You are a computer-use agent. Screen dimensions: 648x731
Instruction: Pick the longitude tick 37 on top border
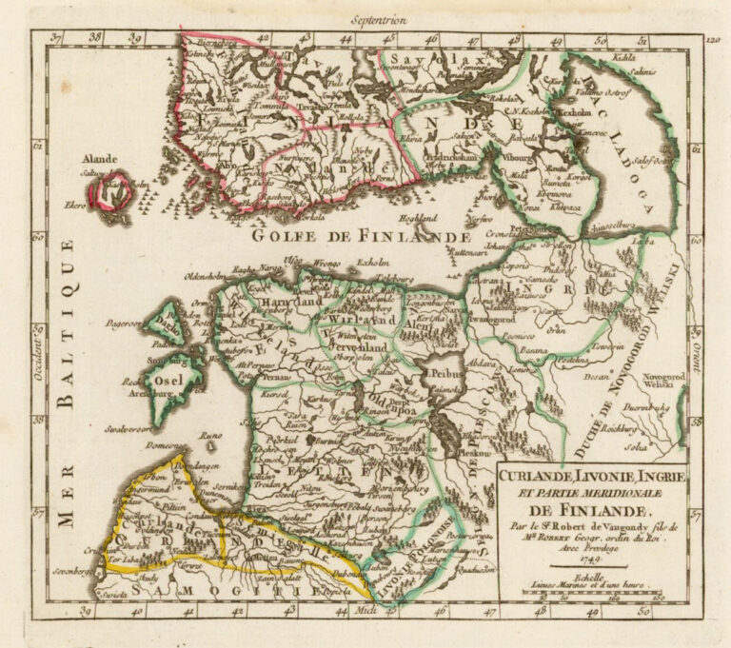pos(59,39)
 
